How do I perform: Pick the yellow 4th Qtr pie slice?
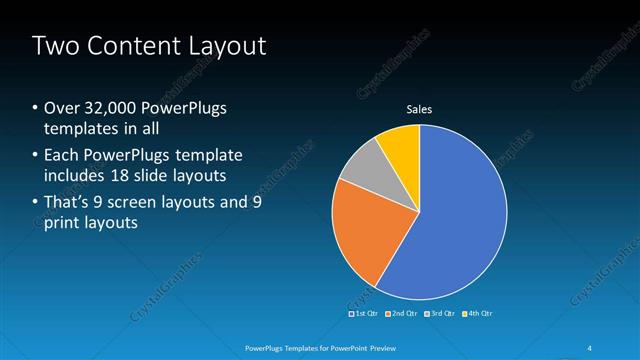pyautogui.click(x=399, y=144)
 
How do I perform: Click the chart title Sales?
pyautogui.click(x=418, y=109)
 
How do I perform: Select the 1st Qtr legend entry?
pyautogui.click(x=362, y=314)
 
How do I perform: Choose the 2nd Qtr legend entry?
pyautogui.click(x=401, y=314)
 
